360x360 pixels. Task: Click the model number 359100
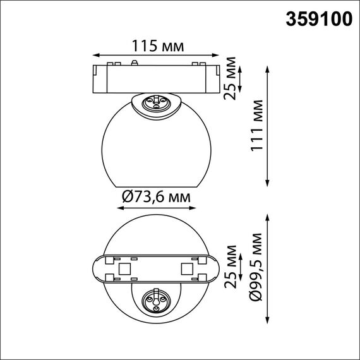[x=319, y=19]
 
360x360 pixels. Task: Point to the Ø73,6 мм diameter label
[x=155, y=197]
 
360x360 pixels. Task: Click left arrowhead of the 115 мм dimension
[x=95, y=56]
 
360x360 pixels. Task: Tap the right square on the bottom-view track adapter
[x=187, y=269]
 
